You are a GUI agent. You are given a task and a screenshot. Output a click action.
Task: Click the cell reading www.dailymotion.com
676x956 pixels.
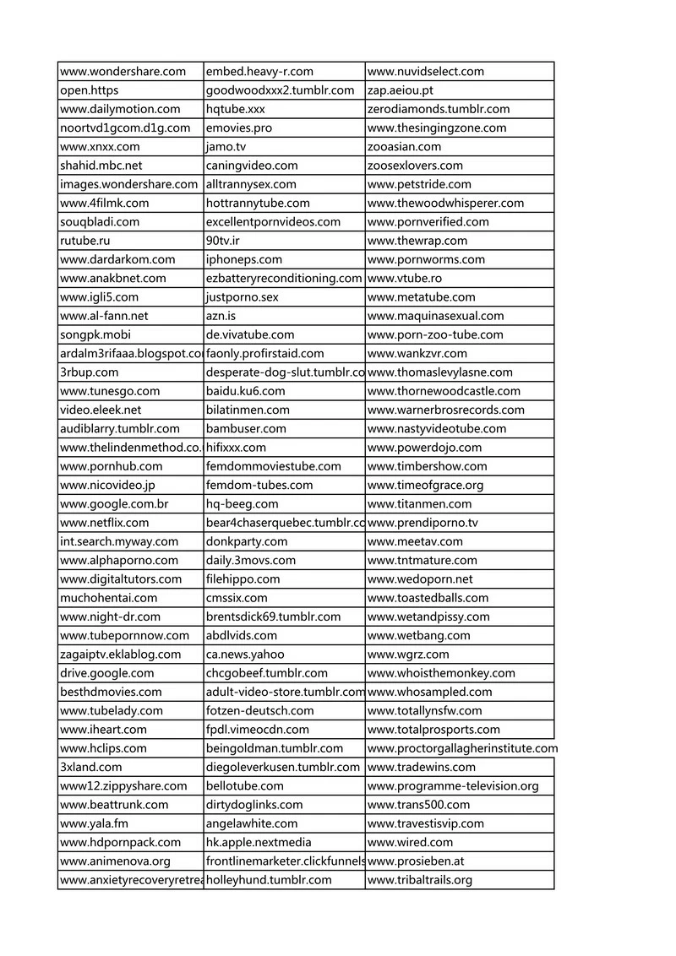[121, 109]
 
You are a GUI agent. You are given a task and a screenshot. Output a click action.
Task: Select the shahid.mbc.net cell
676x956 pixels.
[101, 166]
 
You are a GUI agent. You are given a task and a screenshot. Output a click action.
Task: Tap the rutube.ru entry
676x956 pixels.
[85, 241]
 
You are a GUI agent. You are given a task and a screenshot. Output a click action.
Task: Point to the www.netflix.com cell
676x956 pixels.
[105, 523]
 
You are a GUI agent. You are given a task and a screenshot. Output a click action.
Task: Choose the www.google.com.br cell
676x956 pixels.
[114, 504]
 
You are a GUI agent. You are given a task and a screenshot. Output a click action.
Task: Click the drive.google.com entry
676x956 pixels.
[107, 673]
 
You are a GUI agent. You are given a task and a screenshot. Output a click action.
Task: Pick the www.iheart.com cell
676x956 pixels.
[103, 730]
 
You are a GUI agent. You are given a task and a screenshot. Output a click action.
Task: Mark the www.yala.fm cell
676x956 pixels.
[95, 823]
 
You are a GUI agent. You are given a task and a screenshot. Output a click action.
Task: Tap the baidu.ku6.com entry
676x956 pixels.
[246, 391]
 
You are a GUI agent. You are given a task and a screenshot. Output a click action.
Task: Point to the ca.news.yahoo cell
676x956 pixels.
[245, 655]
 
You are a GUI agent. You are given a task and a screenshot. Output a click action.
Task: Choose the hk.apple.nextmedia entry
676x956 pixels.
[259, 842]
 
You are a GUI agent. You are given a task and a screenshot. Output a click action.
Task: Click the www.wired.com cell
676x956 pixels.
[411, 842]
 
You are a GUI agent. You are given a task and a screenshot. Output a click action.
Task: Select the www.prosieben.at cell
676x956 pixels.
[417, 861]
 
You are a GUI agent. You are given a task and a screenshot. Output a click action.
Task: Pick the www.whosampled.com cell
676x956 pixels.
[430, 692]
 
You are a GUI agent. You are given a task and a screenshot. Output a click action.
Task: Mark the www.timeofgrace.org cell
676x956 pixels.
[426, 486]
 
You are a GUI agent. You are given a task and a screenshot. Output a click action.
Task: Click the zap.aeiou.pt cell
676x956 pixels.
[401, 90]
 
